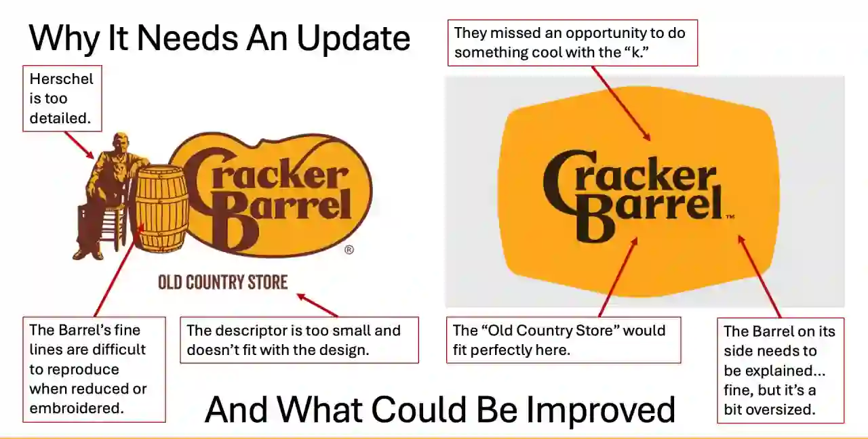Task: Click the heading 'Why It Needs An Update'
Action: coord(219,38)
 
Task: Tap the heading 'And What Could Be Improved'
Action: coord(439,409)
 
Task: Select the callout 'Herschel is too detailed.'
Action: coord(61,98)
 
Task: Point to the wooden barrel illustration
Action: coord(161,208)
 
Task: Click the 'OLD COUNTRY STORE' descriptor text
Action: coord(222,282)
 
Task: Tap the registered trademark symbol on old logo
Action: coord(349,250)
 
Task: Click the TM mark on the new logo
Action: coord(730,217)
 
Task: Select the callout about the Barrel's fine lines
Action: coord(94,369)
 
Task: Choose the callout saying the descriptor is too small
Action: coord(299,339)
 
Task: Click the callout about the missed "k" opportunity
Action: coord(572,43)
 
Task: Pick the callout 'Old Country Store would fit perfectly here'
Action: coord(563,339)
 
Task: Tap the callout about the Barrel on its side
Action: coord(780,370)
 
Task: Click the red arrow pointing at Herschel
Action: coord(79,145)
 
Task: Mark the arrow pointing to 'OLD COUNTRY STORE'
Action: coord(317,306)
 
